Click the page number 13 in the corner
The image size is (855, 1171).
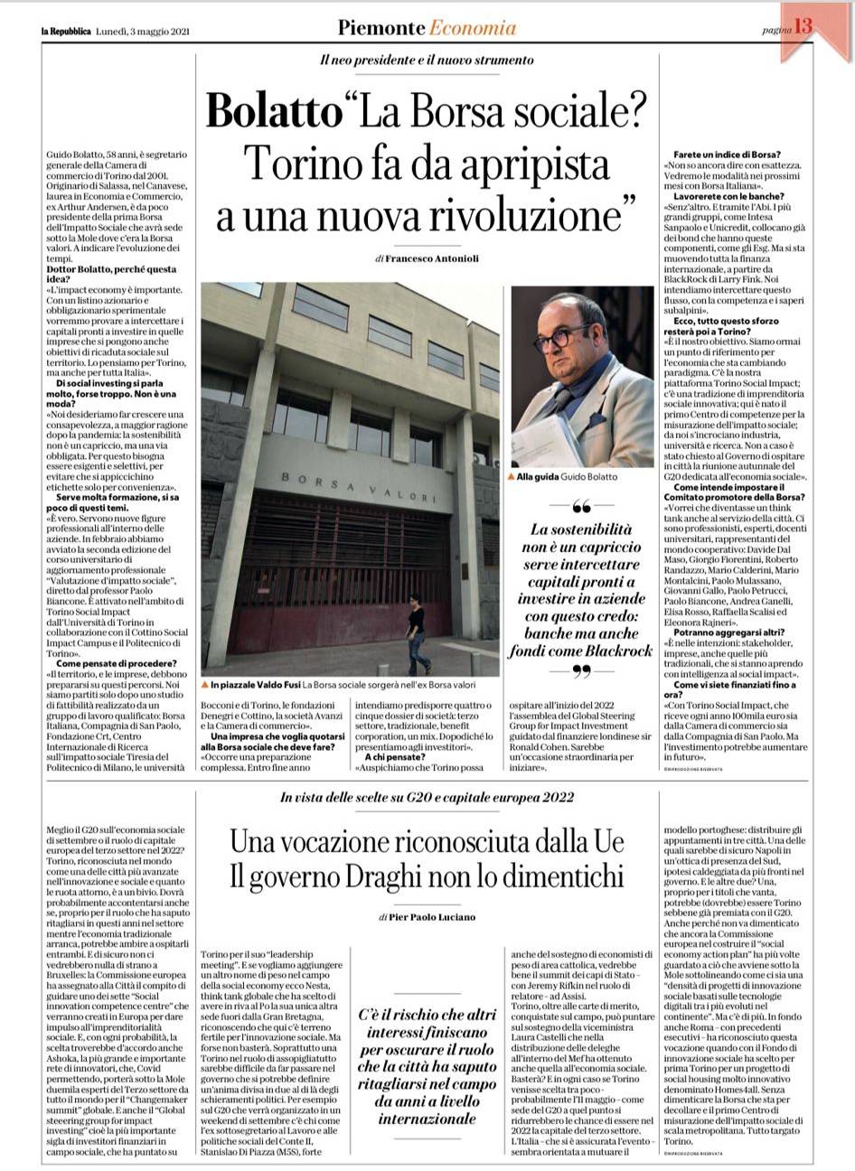click(x=803, y=27)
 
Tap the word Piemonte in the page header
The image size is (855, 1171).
click(x=381, y=28)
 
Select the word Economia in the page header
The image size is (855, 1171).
click(x=473, y=28)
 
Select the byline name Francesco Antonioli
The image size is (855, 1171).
click(x=433, y=258)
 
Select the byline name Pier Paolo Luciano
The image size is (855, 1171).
click(x=433, y=917)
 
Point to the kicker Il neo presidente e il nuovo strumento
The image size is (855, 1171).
click(x=427, y=61)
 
